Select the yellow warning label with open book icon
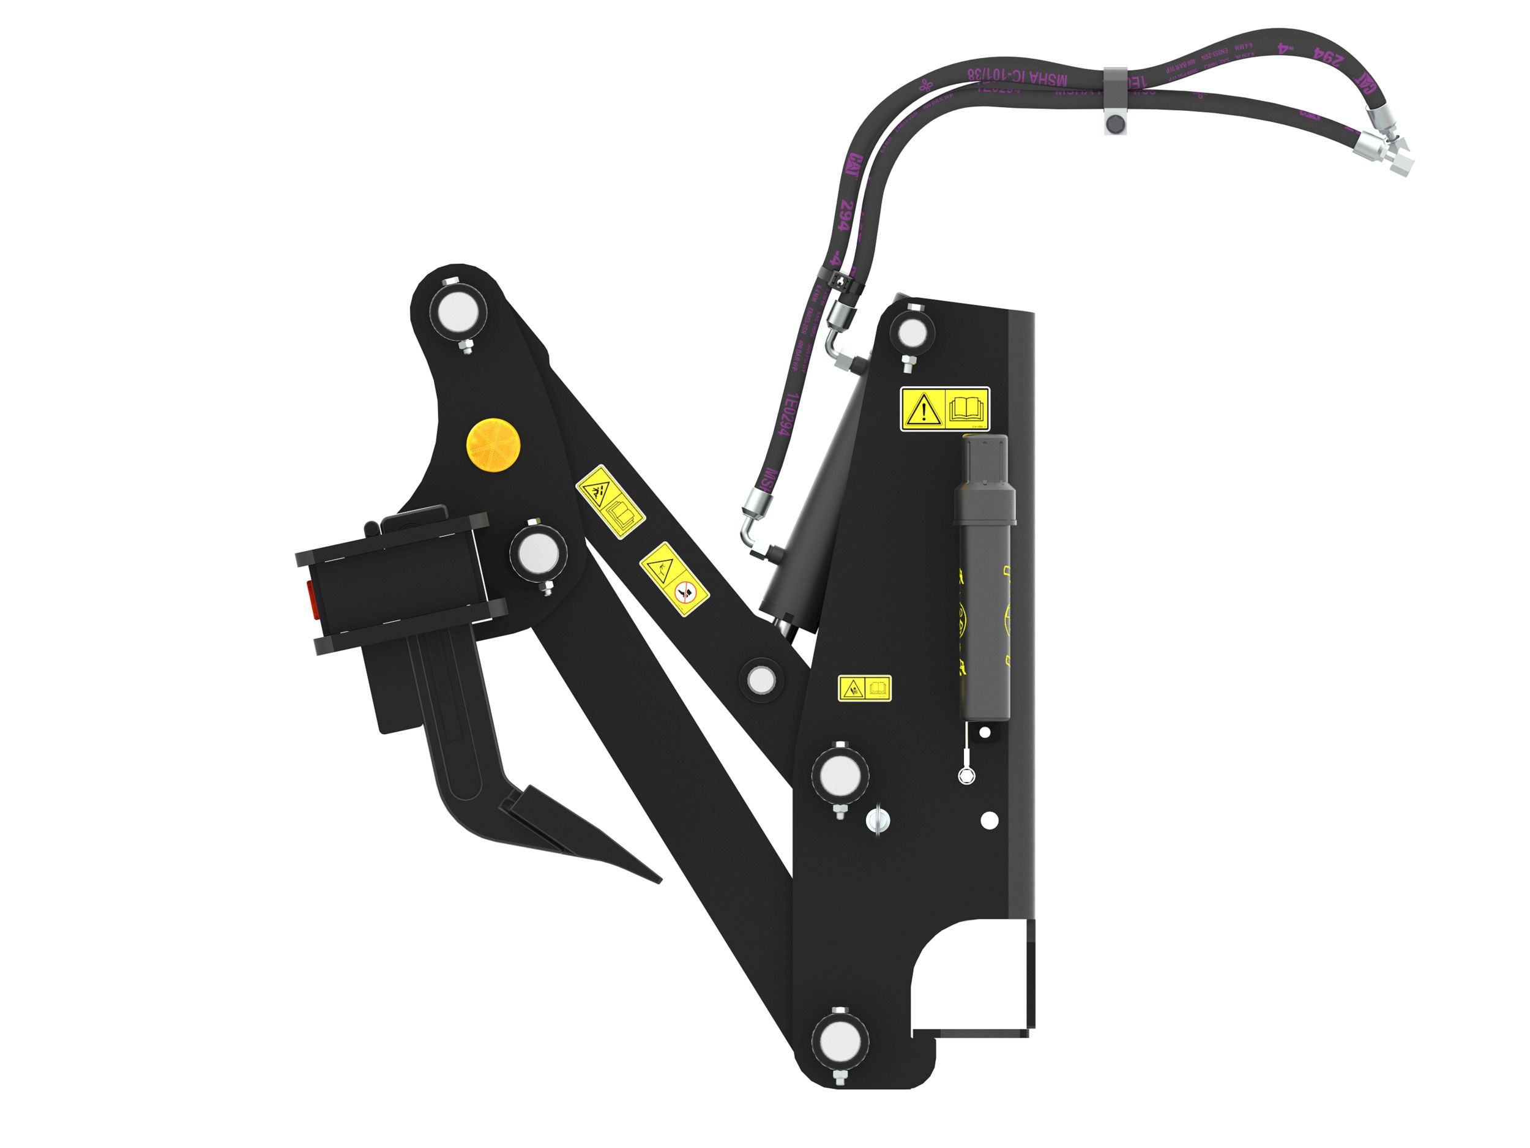pyautogui.click(x=945, y=410)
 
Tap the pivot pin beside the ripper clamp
pyautogui.click(x=537, y=553)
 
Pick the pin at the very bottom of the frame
pyautogui.click(x=839, y=1056)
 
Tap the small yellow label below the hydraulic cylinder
pyautogui.click(x=865, y=688)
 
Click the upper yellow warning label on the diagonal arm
pyautogui.click(x=610, y=500)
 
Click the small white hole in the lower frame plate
pyautogui.click(x=990, y=820)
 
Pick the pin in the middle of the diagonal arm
pyautogui.click(x=761, y=679)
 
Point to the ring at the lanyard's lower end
pyautogui.click(x=966, y=776)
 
